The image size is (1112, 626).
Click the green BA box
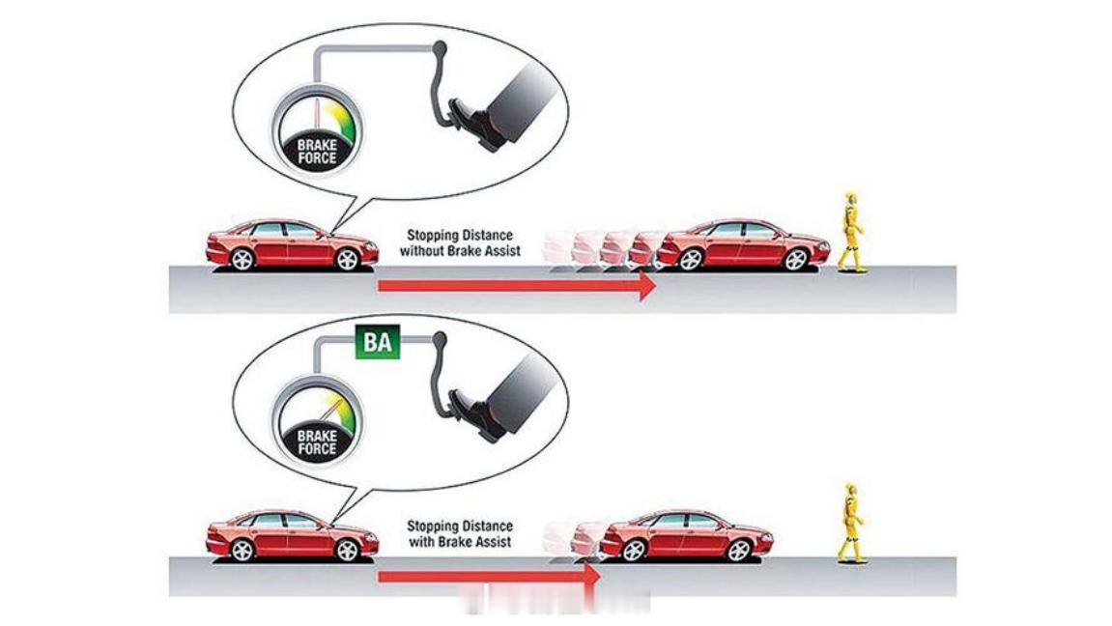[x=378, y=342]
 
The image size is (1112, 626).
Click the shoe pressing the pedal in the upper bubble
[x=475, y=123]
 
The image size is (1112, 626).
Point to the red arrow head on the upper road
[x=647, y=286]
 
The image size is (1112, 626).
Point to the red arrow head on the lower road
[x=591, y=577]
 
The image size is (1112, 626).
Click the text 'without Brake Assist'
[x=460, y=251]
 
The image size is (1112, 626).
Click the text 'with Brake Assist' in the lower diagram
[x=460, y=542]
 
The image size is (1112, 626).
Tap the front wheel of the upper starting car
[x=347, y=260]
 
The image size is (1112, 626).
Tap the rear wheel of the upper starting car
[x=242, y=260]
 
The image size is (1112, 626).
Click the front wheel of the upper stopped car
[x=796, y=260]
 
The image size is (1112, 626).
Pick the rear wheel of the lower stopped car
[x=634, y=551]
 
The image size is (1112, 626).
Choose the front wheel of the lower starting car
[x=347, y=551]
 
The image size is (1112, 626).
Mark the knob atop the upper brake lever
[x=440, y=48]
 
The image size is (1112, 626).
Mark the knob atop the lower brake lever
[x=440, y=340]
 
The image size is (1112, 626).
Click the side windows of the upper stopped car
[x=737, y=231]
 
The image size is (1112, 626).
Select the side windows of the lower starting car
[x=286, y=522]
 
